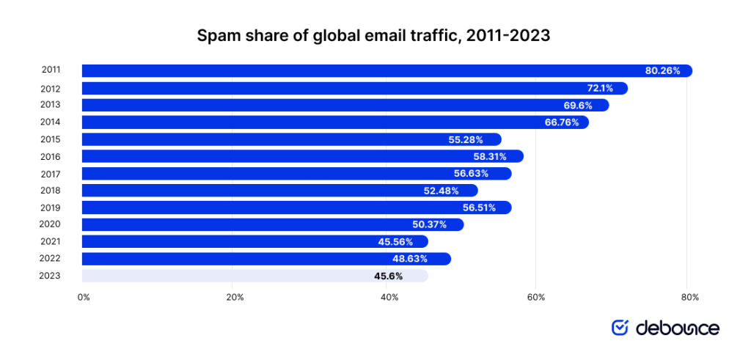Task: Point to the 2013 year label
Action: [x=51, y=105]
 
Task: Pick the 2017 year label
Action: [x=51, y=174]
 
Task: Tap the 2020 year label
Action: [x=51, y=224]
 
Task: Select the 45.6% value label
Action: [x=389, y=276]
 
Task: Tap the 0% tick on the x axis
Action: [x=84, y=297]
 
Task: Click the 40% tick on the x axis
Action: [x=389, y=297]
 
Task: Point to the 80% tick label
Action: [x=689, y=297]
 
